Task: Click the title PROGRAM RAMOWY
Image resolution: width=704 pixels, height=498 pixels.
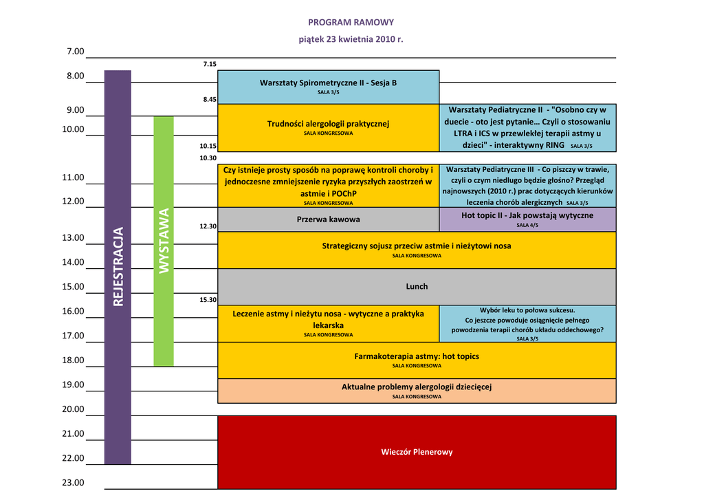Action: (x=351, y=23)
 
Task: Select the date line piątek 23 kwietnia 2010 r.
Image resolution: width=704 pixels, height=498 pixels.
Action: (x=351, y=39)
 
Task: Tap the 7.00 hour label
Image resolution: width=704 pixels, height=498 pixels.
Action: (x=75, y=52)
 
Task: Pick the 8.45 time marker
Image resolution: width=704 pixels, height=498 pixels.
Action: (x=210, y=100)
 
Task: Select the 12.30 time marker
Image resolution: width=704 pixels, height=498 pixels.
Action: (x=208, y=226)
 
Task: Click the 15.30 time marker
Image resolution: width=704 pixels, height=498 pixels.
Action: (x=208, y=300)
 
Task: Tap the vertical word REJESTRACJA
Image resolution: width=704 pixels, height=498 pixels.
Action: (x=118, y=266)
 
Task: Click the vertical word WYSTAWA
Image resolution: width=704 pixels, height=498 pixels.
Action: (x=164, y=241)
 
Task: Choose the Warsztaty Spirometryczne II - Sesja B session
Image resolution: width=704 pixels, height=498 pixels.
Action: (x=328, y=83)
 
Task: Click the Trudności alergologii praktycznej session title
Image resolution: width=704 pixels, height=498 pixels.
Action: (x=328, y=124)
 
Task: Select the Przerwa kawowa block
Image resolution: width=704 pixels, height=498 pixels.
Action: (x=328, y=219)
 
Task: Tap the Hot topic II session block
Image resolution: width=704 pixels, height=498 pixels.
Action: (x=527, y=216)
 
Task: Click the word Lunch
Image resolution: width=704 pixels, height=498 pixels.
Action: (x=417, y=286)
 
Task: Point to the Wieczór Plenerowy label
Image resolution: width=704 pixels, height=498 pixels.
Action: (x=417, y=452)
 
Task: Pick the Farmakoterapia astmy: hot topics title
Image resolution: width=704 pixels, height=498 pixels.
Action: (x=417, y=356)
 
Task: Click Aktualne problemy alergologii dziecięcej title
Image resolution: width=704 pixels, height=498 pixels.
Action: (x=417, y=387)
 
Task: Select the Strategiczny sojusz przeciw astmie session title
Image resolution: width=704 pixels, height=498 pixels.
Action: (x=417, y=246)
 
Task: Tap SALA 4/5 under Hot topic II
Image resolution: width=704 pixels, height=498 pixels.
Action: (x=527, y=225)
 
